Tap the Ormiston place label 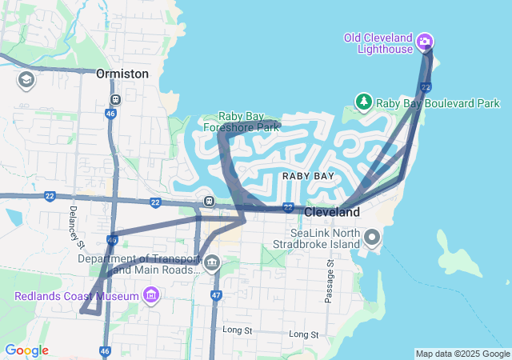pos(122,74)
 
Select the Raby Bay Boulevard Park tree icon pos(364,102)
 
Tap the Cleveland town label pos(332,213)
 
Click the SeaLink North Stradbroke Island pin pos(372,237)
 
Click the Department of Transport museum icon pos(212,262)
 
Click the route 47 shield pos(216,295)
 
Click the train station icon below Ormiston pos(116,99)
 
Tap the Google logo pos(26,350)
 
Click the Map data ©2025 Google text pos(462,354)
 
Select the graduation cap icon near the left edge pos(26,80)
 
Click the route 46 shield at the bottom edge pos(105,350)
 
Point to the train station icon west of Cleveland pos(208,201)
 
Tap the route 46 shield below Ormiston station pos(109,114)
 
